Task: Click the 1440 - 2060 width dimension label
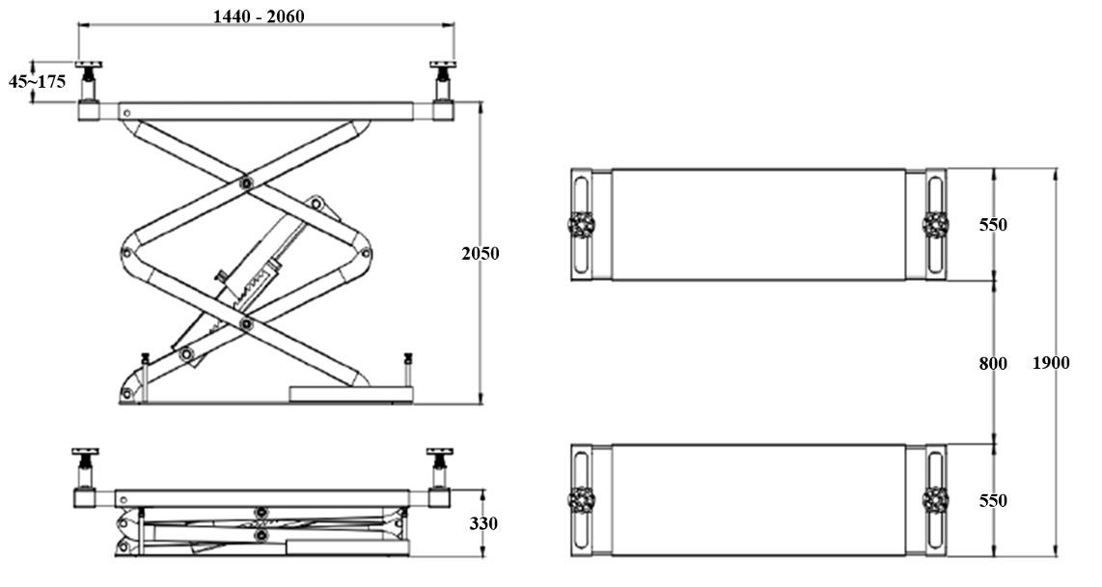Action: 259,15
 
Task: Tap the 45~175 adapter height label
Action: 38,81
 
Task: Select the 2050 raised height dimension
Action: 480,253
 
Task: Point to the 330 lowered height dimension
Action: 483,523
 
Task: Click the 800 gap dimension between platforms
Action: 993,363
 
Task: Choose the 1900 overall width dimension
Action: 1051,363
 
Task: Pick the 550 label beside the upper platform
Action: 993,225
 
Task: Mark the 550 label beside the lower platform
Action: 993,500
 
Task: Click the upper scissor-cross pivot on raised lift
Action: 245,182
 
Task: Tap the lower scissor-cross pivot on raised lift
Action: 245,324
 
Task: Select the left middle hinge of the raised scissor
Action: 127,253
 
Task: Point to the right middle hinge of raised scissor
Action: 365,253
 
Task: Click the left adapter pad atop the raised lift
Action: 89,65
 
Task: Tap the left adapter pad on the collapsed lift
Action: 85,452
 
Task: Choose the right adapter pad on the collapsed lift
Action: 440,452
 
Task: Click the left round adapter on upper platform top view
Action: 581,225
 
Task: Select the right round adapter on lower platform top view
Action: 935,500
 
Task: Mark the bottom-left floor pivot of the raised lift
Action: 127,394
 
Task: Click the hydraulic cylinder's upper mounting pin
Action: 317,205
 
